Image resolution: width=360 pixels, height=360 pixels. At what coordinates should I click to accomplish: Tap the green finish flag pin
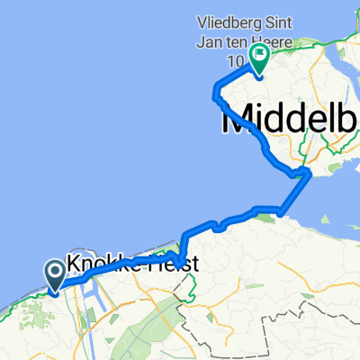point(258,59)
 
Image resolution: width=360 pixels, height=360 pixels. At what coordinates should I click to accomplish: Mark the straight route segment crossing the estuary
point(294,193)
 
